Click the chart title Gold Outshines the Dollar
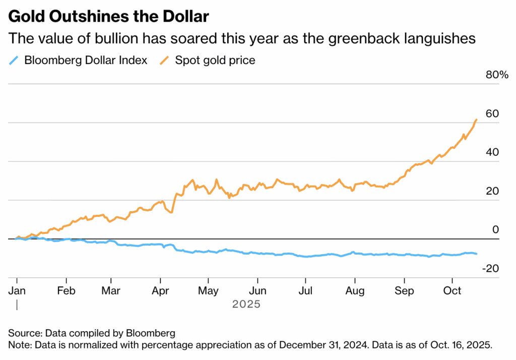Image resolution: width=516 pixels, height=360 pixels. (x=108, y=17)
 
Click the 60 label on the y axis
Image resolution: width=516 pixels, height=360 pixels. (x=492, y=113)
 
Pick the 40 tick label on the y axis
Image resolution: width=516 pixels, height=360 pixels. (x=492, y=152)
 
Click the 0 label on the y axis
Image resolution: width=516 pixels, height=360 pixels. (x=495, y=230)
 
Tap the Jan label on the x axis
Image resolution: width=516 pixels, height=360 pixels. (x=17, y=291)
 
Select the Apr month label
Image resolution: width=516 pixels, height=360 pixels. (x=160, y=291)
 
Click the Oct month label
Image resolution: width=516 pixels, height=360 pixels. (x=452, y=291)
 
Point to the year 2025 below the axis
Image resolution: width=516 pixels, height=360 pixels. (x=246, y=305)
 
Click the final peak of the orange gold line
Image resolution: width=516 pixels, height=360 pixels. (x=477, y=119)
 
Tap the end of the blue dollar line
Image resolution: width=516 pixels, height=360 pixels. (x=477, y=254)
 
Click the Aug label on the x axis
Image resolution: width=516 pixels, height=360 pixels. (x=355, y=291)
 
